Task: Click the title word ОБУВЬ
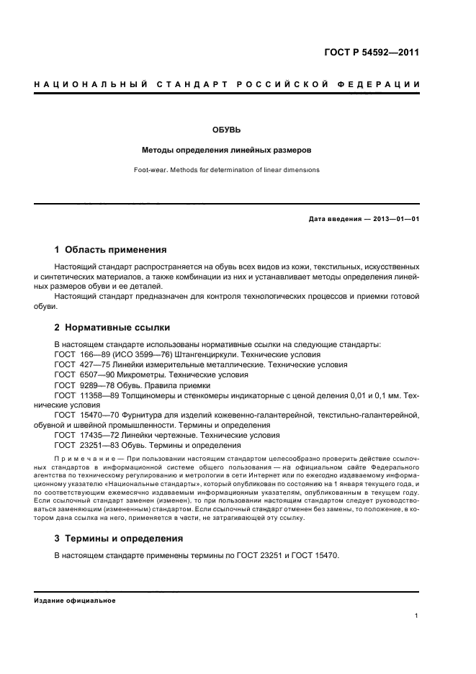click(x=226, y=130)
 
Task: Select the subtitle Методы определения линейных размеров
click(x=226, y=150)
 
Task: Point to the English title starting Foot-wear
click(x=226, y=170)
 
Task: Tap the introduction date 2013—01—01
click(x=390, y=219)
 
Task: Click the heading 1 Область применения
click(x=111, y=250)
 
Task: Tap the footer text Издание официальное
click(x=74, y=601)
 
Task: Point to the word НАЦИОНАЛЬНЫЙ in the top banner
click(x=84, y=85)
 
